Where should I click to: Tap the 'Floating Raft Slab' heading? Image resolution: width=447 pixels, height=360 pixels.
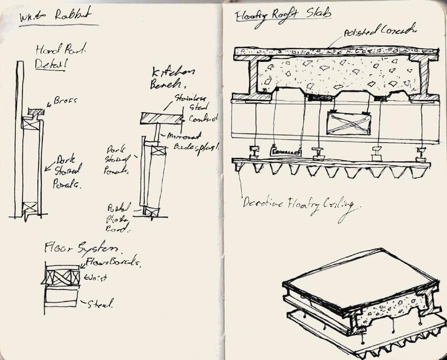[283, 16]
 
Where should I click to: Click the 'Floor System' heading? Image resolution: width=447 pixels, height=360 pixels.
[84, 247]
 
